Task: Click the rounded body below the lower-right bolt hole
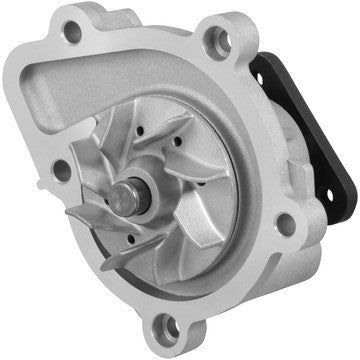coord(270,270)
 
